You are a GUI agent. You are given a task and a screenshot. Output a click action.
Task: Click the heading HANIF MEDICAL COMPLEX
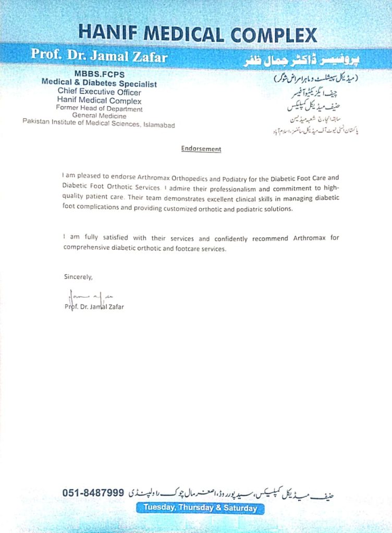coord(198,34)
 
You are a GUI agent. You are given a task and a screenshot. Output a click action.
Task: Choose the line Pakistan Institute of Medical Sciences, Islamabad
coord(99,124)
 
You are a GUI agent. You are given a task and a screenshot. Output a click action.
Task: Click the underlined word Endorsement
coord(201,149)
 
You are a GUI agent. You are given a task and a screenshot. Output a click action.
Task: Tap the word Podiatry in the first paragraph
coord(227,177)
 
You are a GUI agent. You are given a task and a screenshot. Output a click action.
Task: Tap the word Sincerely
coord(78,277)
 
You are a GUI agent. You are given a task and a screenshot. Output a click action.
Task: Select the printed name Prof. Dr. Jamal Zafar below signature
coord(94,307)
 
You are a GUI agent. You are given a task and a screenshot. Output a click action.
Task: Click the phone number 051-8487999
coord(93,492)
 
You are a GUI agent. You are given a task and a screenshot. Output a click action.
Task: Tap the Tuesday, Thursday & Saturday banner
coord(200,507)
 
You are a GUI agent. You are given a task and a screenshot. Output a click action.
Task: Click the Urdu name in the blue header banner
coord(303,61)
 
